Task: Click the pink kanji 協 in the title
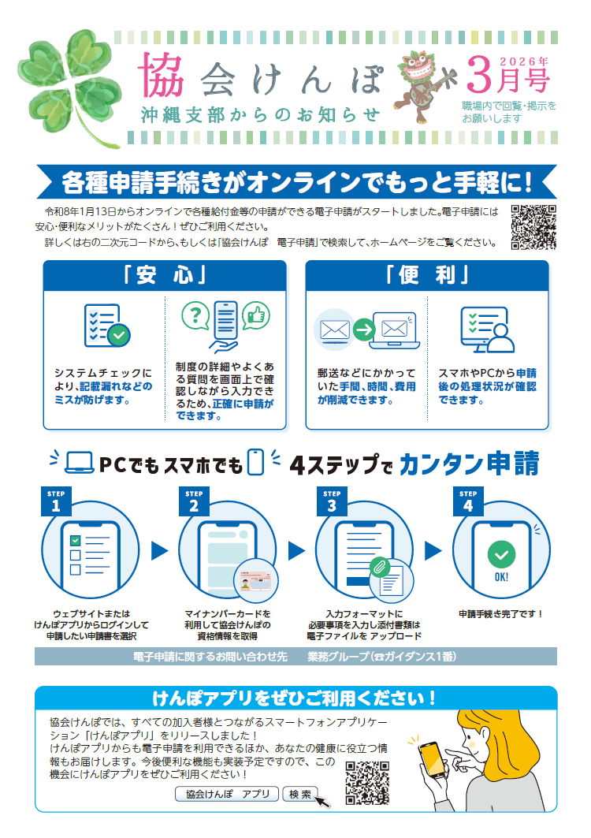click(x=162, y=75)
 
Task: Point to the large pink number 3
click(x=479, y=75)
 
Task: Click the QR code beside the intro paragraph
click(x=533, y=227)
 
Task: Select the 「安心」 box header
click(x=165, y=276)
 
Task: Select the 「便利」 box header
click(x=427, y=276)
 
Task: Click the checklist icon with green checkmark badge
click(x=107, y=326)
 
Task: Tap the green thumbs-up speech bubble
click(x=256, y=315)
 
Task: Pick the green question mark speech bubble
click(x=195, y=315)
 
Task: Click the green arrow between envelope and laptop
click(x=364, y=330)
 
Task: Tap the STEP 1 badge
click(x=56, y=501)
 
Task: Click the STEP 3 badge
click(x=332, y=501)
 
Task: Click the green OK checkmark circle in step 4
click(x=501, y=555)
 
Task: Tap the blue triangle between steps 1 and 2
click(x=159, y=551)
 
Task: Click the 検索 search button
click(x=299, y=794)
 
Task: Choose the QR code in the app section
click(x=367, y=783)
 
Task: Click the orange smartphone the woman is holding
click(x=432, y=759)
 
